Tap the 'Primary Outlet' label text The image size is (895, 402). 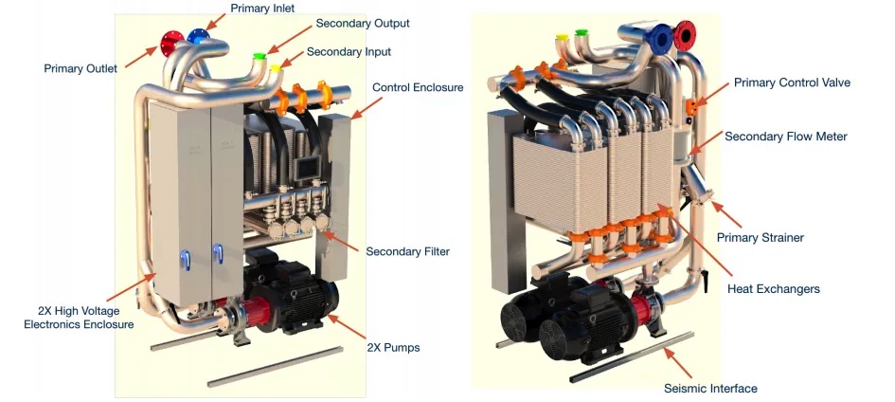[x=81, y=68]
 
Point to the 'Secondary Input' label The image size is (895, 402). [x=349, y=51]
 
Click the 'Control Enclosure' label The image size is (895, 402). [x=418, y=87]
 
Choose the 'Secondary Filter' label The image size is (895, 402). [x=407, y=251]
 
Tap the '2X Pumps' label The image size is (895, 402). [x=393, y=348]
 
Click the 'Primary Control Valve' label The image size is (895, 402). [x=792, y=83]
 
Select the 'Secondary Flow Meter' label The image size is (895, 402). [x=786, y=137]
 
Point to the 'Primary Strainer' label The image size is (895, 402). [x=760, y=237]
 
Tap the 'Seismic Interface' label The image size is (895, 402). [x=710, y=388]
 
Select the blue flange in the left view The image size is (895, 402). [x=197, y=36]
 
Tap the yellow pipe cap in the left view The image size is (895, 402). [x=276, y=67]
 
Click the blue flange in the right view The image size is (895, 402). [x=660, y=37]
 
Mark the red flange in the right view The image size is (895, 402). [x=685, y=36]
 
